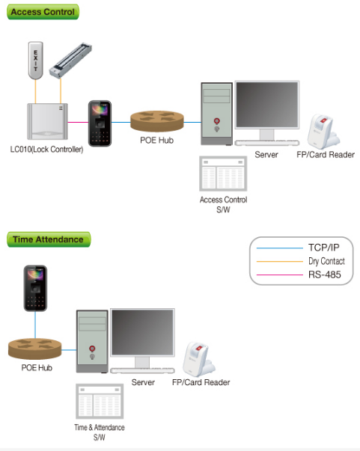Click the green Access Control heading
pos(43,12)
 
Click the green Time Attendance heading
pos(49,239)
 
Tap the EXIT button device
pos(36,61)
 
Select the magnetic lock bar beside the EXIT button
pos(70,61)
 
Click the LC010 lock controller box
pos(47,121)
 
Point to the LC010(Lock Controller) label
pos(46,150)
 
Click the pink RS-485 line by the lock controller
pos(78,122)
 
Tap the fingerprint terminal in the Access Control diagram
pos(100,123)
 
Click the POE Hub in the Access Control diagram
pos(157,121)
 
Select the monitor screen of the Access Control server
pos(267,105)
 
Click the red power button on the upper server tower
pos(217,121)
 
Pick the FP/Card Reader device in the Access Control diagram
pos(323,132)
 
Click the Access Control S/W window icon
pos(223,174)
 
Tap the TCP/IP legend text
pos(324,248)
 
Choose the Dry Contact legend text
pos(326,261)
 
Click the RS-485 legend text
pos(325,274)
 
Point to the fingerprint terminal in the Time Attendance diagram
pos(35,288)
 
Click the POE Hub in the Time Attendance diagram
pos(35,349)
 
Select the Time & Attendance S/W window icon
pos(100,401)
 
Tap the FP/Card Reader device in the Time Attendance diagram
pos(199,359)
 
